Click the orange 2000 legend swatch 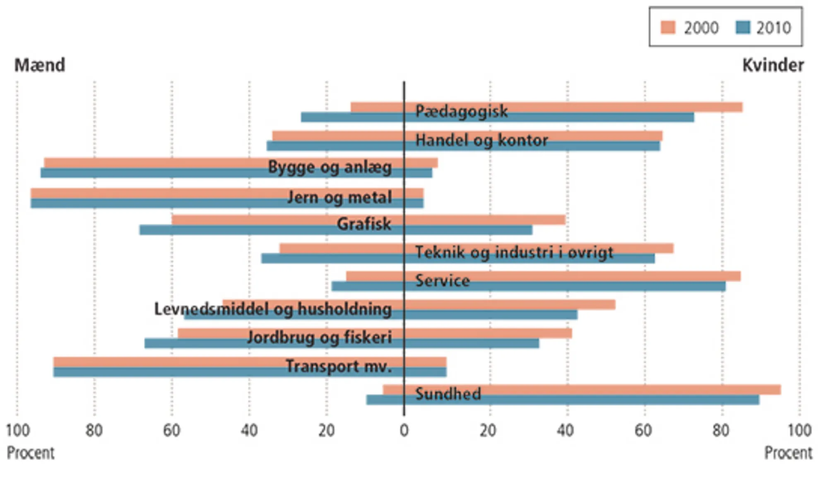point(668,27)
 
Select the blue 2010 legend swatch point(743,27)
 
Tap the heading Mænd point(40,65)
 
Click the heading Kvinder point(773,65)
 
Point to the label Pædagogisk point(461,111)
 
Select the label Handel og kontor point(481,140)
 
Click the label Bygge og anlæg point(330,167)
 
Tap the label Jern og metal point(339,198)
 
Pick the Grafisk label point(363,224)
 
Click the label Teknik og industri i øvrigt point(514,252)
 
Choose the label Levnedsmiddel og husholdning point(273,309)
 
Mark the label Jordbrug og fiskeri point(319,337)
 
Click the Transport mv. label point(338,366)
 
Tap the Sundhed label point(448,394)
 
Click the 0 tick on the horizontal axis point(404,431)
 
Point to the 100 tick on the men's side point(18,431)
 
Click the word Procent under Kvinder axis point(788,453)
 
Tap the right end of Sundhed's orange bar point(780,390)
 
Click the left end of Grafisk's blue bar point(141,230)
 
